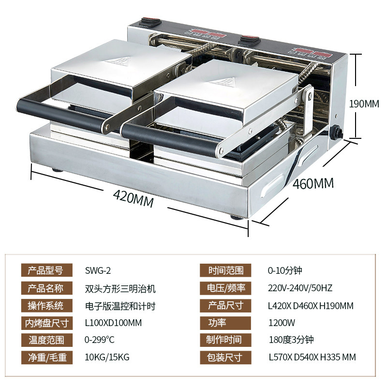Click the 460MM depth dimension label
pos(313,183)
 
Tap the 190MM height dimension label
pos(365,104)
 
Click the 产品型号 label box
pos(46,270)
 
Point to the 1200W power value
pos(282,323)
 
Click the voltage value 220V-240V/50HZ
pos(300,288)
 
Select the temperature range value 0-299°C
pos(102,340)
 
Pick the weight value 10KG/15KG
pos(107,357)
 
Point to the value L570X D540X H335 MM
pos(312,357)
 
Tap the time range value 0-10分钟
pos(285,270)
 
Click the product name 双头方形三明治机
pos(120,288)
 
